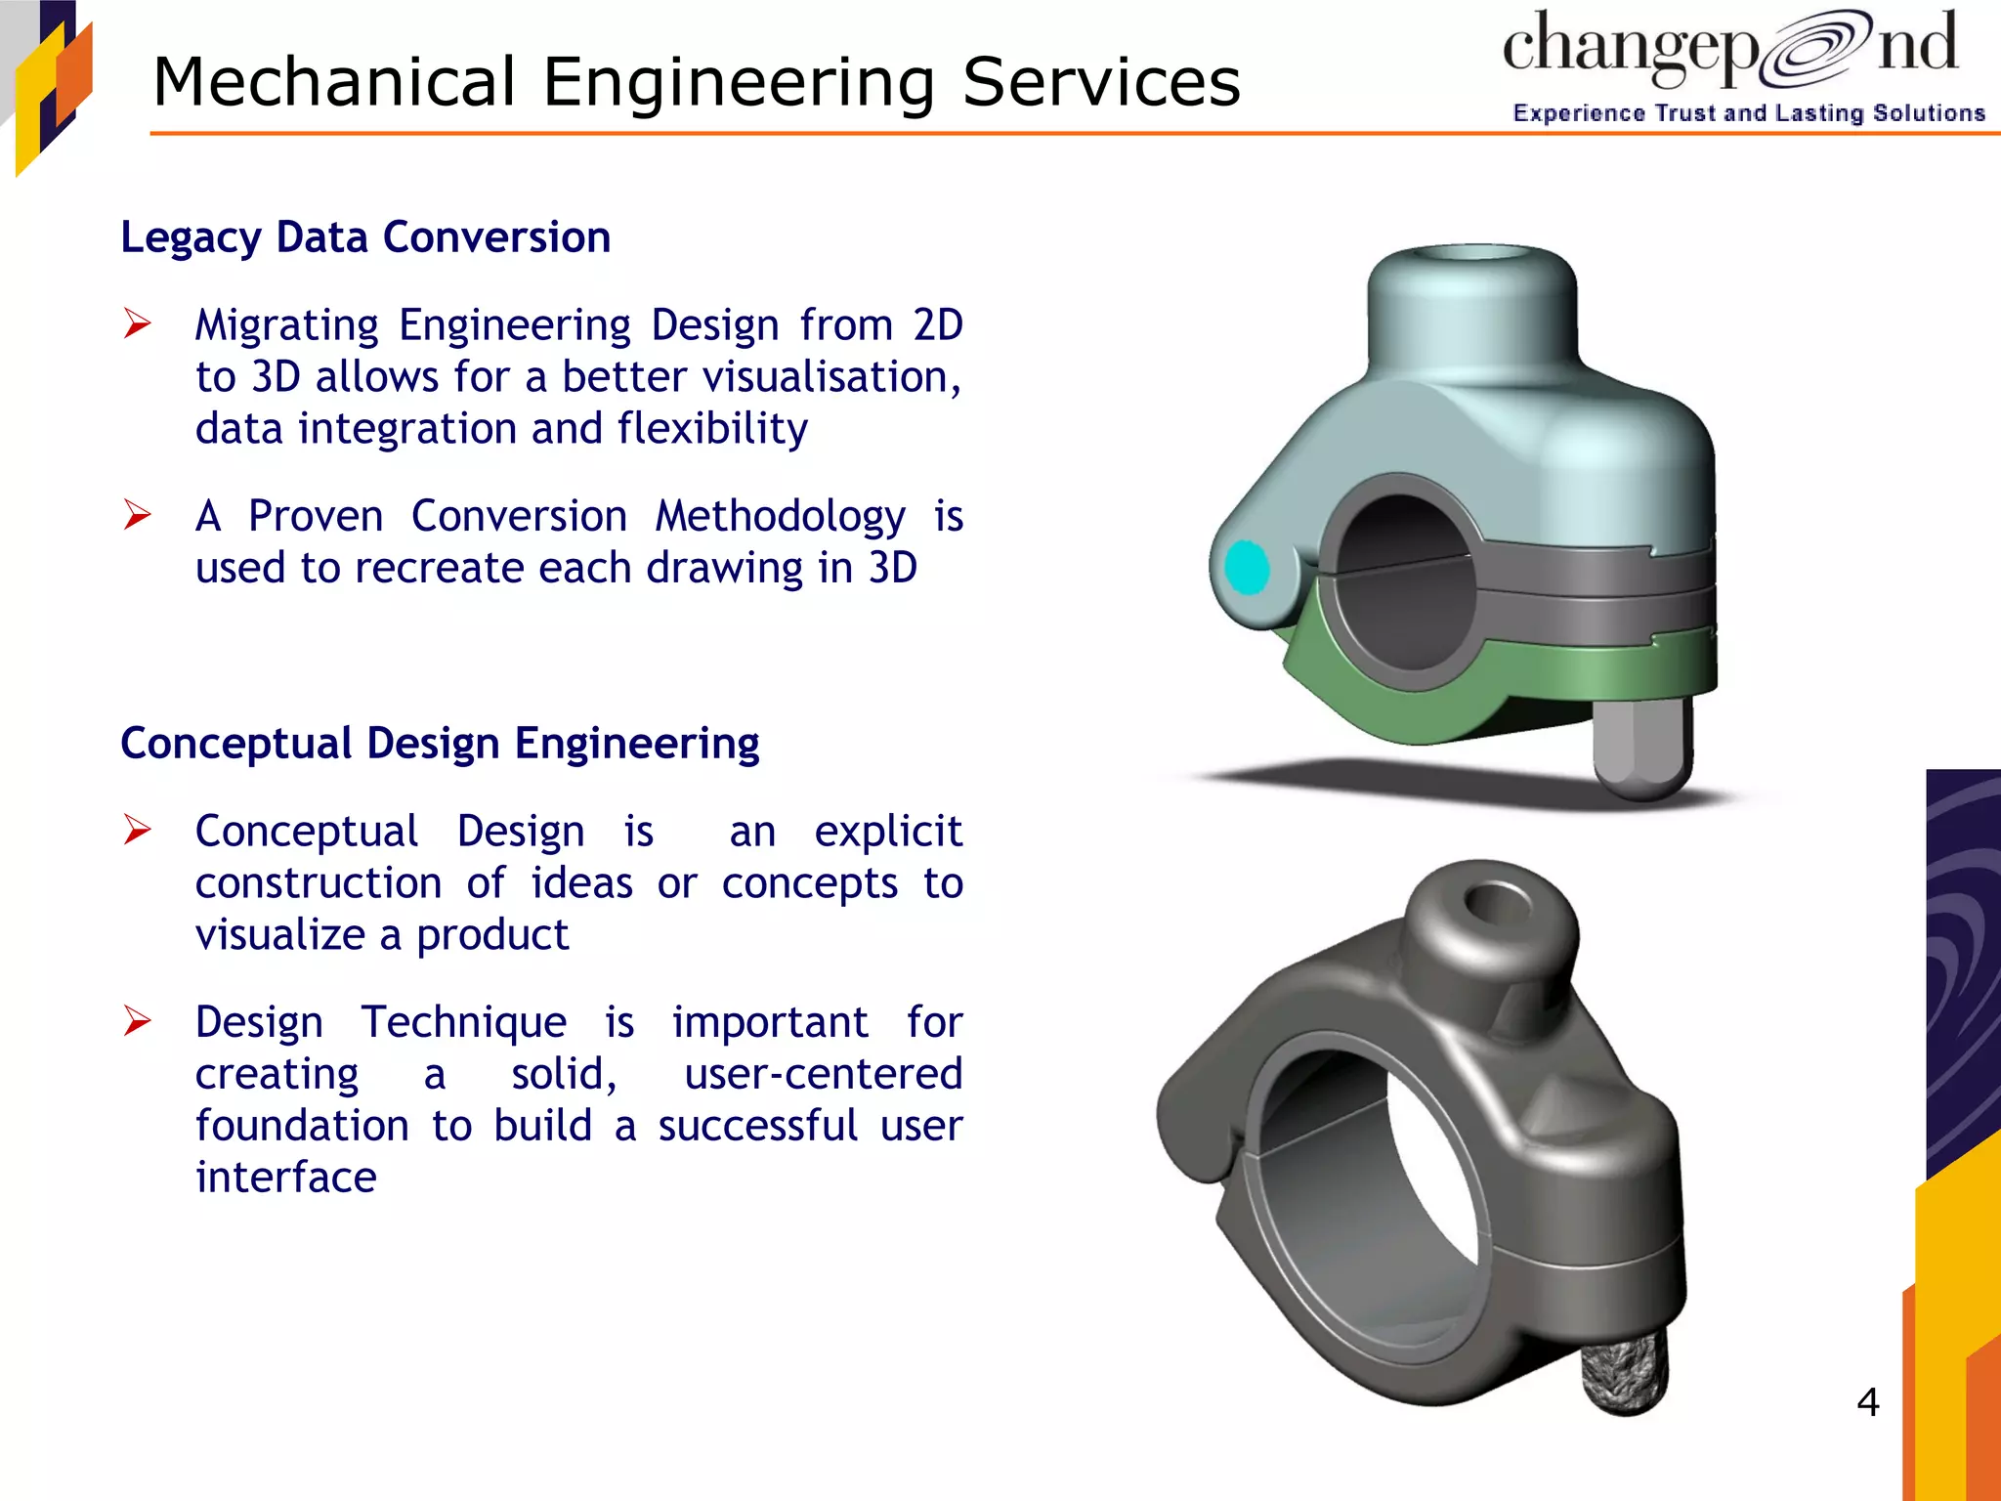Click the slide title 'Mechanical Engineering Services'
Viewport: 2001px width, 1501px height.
696,82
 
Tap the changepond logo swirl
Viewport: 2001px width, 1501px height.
1816,49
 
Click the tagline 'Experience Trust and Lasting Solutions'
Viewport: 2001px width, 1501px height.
1748,113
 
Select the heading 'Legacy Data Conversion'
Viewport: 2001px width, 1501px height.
365,237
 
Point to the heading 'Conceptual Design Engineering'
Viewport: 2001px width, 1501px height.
440,744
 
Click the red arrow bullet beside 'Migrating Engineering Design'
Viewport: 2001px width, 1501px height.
138,323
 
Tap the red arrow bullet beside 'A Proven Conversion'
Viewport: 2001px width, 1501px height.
138,514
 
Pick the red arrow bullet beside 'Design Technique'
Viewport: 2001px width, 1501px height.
138,1020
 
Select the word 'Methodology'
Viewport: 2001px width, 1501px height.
780,517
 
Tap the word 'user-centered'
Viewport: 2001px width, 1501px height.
823,1074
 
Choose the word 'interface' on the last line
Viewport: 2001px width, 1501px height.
285,1178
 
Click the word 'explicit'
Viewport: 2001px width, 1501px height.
888,832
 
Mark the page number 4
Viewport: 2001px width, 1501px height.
1867,1402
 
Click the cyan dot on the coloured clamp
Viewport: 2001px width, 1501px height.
1247,567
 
